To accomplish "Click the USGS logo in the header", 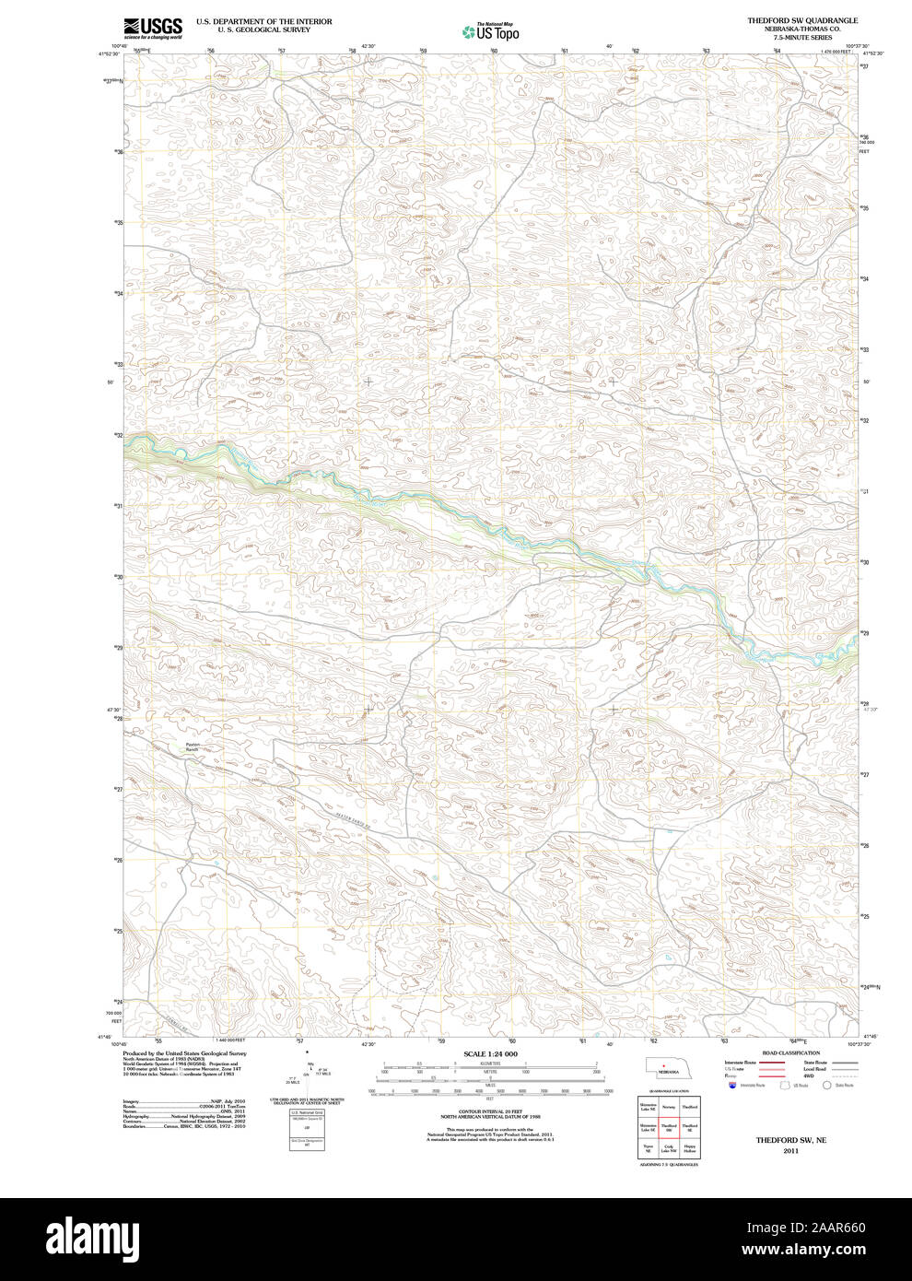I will pyautogui.click(x=153, y=27).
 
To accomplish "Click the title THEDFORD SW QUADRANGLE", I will pyautogui.click(x=801, y=20).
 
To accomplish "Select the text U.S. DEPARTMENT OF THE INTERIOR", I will pyautogui.click(x=263, y=21).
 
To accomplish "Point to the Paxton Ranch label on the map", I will pyautogui.click(x=193, y=746).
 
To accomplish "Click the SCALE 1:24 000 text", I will pyautogui.click(x=490, y=1053).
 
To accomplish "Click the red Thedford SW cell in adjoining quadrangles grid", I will pyautogui.click(x=669, y=1127).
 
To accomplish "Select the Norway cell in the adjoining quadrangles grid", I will pyautogui.click(x=669, y=1106).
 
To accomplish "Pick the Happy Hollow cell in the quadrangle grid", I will pyautogui.click(x=690, y=1149).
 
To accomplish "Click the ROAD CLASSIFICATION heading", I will pyautogui.click(x=790, y=1052).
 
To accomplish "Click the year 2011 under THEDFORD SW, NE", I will pyautogui.click(x=790, y=1151).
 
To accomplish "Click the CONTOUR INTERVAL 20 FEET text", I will pyautogui.click(x=490, y=1111).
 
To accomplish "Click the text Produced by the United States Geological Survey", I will pyautogui.click(x=184, y=1052).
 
